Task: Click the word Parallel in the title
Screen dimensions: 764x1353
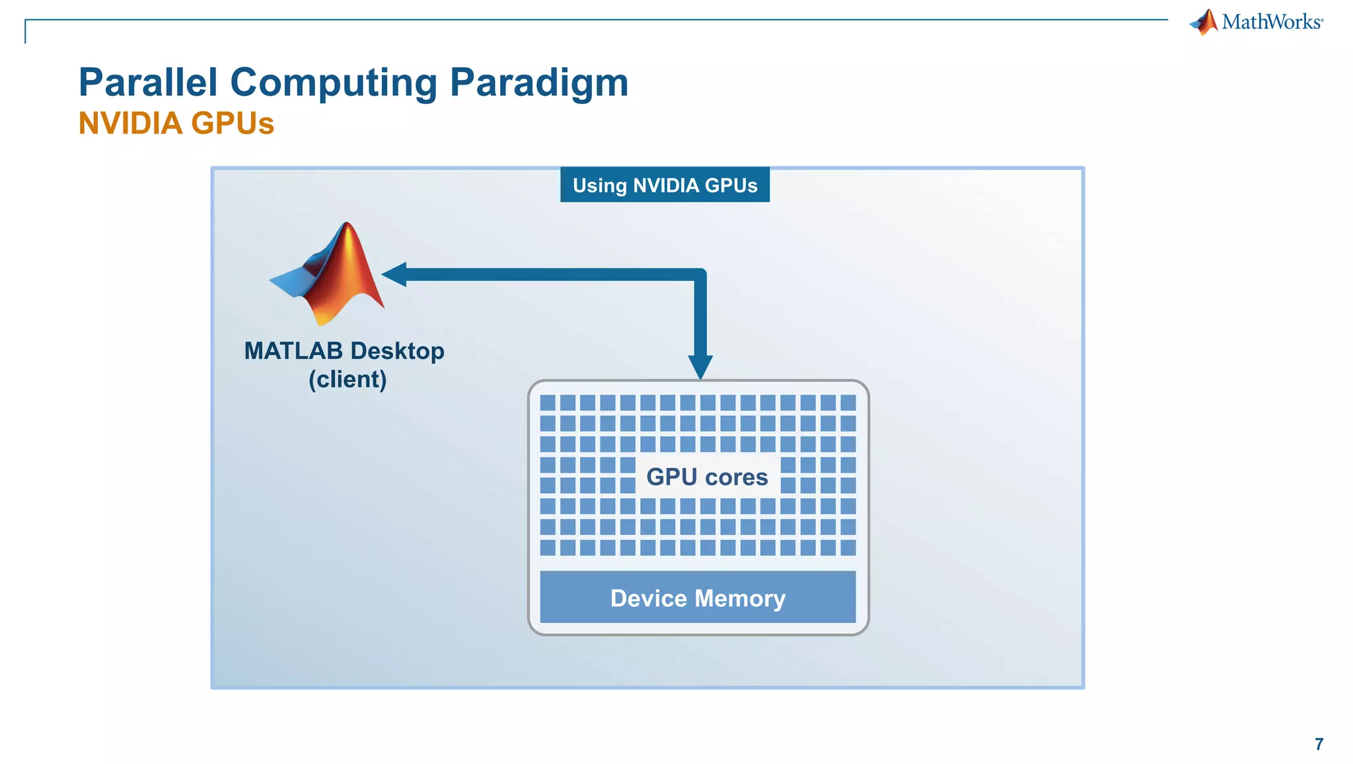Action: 148,83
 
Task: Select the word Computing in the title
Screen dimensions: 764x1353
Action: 333,83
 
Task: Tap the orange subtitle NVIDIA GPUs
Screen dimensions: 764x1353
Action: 176,124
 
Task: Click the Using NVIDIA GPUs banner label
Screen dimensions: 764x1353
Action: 665,185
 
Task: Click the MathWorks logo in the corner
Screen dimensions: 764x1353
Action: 1257,22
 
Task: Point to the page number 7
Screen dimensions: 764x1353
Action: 1319,744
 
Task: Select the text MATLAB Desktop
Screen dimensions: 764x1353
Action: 344,351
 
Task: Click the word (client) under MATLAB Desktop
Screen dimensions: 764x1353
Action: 347,379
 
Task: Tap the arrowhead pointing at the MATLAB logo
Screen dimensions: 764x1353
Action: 394,274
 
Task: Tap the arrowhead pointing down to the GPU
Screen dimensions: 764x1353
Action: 700,367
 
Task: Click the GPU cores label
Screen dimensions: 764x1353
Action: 707,477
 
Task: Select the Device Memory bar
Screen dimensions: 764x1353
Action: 698,597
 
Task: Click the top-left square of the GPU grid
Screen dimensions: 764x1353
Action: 548,402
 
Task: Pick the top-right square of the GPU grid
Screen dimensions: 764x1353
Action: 848,402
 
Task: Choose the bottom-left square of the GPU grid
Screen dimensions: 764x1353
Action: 548,547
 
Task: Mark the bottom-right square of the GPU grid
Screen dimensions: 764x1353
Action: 848,547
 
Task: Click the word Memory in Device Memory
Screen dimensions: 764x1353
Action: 740,598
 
